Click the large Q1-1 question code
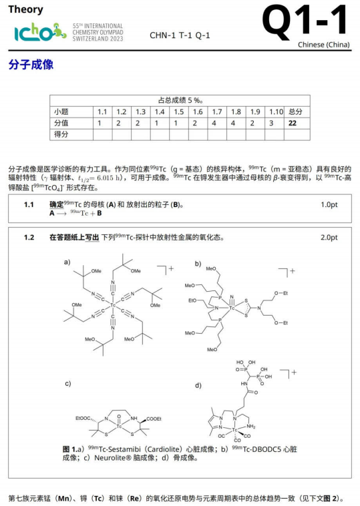(306, 21)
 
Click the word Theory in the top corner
(26, 9)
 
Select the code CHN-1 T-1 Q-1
(180, 35)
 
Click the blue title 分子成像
(31, 65)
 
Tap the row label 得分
(61, 134)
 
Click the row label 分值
(61, 123)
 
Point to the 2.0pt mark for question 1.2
(329, 238)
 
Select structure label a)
(67, 262)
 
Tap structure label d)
(198, 385)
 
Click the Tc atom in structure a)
(113, 306)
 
